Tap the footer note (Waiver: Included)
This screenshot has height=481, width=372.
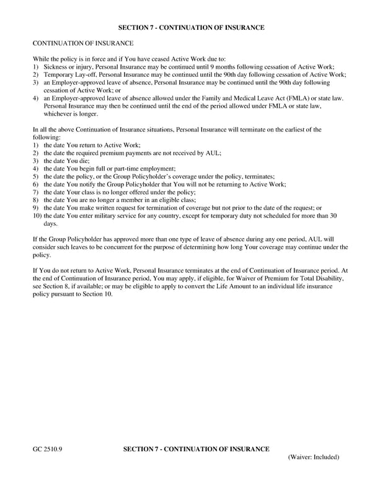click(x=314, y=457)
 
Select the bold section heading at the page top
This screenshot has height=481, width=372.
click(x=191, y=28)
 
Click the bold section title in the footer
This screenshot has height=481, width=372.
click(x=197, y=449)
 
